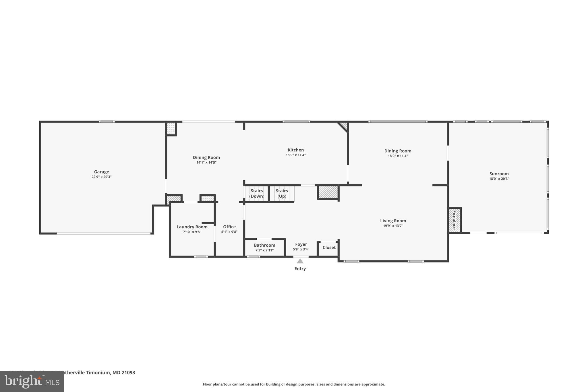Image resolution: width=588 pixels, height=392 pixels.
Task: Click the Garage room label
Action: (x=101, y=172)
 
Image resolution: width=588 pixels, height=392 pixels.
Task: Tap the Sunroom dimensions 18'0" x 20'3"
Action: (x=499, y=179)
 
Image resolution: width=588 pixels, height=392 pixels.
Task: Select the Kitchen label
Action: (x=295, y=150)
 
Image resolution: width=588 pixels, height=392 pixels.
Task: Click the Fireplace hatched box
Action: (x=454, y=220)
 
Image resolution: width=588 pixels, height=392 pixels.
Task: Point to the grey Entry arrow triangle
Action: (x=300, y=261)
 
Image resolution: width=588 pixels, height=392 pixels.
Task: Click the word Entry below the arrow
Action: (x=300, y=269)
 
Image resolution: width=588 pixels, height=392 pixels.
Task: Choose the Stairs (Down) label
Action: (x=257, y=194)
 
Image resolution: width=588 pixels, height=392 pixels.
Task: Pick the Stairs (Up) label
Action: (x=282, y=194)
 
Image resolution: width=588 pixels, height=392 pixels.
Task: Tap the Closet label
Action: (x=329, y=248)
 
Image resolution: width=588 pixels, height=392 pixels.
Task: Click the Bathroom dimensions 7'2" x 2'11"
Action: (x=264, y=250)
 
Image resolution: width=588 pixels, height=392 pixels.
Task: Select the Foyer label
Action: (x=301, y=244)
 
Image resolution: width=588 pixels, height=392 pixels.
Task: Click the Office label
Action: (x=229, y=227)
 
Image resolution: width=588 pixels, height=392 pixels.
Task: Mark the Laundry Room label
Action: (x=192, y=227)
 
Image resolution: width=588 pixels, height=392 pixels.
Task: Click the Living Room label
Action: (x=393, y=221)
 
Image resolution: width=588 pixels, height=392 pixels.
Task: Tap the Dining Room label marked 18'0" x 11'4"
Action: (x=398, y=151)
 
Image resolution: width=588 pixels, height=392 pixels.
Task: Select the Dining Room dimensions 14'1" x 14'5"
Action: (x=206, y=163)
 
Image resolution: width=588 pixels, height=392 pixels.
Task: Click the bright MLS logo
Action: (x=32, y=382)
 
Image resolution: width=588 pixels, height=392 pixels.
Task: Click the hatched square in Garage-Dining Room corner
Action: (x=171, y=128)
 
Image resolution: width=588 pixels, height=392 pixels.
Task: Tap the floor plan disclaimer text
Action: (x=294, y=384)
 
